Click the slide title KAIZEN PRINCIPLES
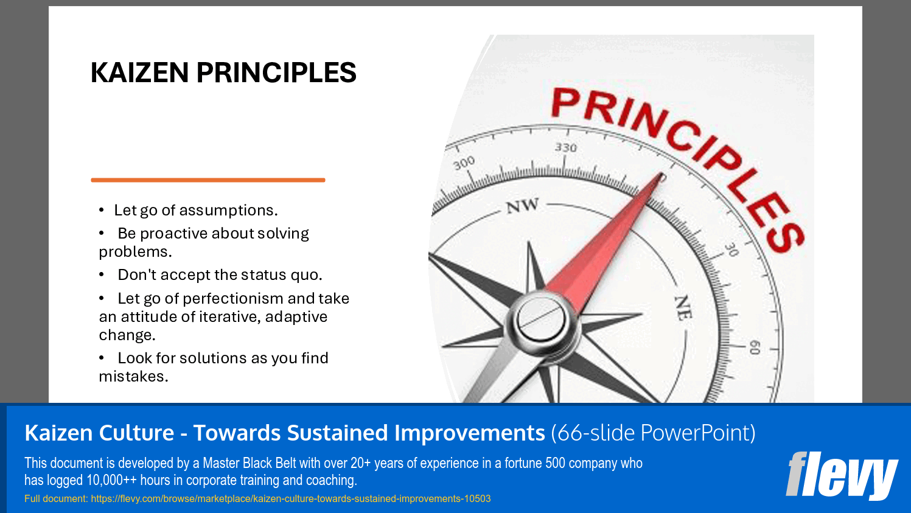tap(223, 73)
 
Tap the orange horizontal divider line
tap(208, 180)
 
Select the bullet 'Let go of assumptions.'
tap(195, 211)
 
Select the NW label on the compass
tap(522, 206)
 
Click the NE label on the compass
tap(683, 308)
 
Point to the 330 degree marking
tap(565, 148)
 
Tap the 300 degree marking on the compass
tap(464, 163)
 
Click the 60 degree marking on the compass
tap(755, 347)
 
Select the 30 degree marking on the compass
tap(731, 250)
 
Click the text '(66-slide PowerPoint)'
tap(653, 433)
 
